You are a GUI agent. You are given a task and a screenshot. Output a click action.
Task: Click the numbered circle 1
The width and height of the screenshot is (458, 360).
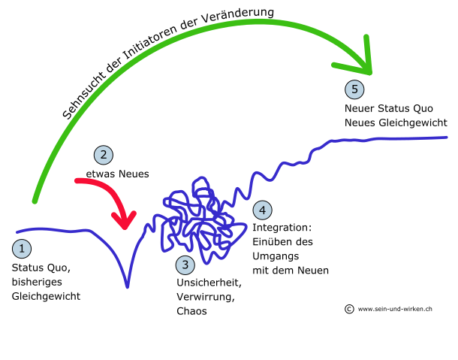click(x=23, y=248)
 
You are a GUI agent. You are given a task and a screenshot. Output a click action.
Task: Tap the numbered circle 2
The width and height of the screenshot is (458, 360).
click(x=102, y=156)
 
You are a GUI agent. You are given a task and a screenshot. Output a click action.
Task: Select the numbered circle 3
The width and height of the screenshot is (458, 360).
click(x=185, y=265)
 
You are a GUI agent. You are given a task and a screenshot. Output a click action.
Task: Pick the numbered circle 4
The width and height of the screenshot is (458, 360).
click(x=261, y=209)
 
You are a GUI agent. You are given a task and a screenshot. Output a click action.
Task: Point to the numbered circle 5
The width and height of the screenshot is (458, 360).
click(x=354, y=89)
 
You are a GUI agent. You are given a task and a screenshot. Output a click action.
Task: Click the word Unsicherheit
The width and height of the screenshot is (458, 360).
click(x=208, y=283)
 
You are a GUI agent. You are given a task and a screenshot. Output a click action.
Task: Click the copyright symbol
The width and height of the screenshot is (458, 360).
click(x=349, y=308)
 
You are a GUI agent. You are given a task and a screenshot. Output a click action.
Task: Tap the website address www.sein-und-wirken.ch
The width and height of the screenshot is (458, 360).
click(x=396, y=308)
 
